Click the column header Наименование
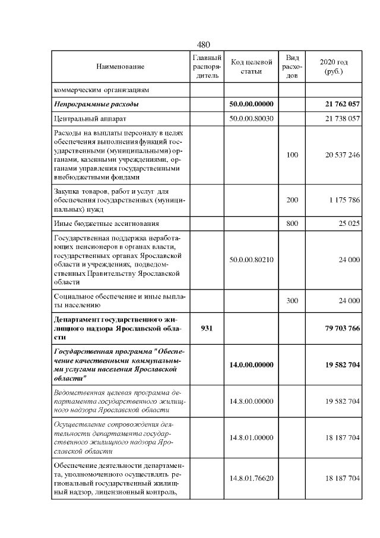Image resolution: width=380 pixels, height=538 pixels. [x=121, y=67]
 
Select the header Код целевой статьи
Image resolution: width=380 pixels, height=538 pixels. [x=251, y=67]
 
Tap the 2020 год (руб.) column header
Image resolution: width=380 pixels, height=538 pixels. [x=334, y=67]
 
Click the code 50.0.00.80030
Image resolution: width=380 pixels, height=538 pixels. [x=251, y=119]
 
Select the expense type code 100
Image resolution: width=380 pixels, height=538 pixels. [x=292, y=155]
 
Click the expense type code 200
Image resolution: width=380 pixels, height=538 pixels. [x=292, y=200]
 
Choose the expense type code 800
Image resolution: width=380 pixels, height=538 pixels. [x=292, y=224]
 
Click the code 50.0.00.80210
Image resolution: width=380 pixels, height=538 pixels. [x=251, y=260]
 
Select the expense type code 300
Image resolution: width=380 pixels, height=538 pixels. [x=292, y=301]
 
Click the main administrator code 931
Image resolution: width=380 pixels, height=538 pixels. [x=207, y=328]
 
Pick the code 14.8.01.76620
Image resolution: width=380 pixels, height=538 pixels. [x=251, y=477]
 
